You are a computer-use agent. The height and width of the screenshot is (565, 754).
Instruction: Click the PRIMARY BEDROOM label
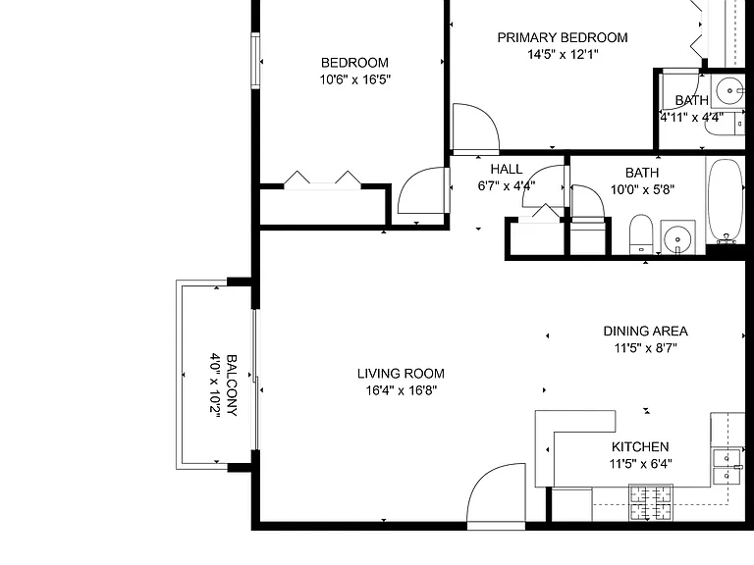[563, 37]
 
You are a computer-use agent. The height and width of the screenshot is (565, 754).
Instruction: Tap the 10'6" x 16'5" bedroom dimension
[354, 79]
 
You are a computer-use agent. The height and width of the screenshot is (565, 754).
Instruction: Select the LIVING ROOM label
[401, 374]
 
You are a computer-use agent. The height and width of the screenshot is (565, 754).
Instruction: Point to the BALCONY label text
[232, 385]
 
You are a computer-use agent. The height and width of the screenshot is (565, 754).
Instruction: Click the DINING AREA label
[645, 331]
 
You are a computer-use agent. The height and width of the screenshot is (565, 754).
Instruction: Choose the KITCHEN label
[640, 447]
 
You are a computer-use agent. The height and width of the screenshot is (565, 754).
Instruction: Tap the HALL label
[507, 169]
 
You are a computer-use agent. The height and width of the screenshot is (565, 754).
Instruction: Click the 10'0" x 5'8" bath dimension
[642, 189]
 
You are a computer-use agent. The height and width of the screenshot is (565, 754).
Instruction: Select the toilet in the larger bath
[641, 234]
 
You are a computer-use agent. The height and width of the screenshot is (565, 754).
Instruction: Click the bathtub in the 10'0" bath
[726, 200]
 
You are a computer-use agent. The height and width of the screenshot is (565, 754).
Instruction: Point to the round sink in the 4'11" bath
[730, 90]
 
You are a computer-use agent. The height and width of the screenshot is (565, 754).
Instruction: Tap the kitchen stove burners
[651, 502]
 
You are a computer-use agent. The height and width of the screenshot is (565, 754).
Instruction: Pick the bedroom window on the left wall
[255, 61]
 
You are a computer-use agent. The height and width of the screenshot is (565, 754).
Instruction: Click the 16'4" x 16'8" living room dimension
[401, 390]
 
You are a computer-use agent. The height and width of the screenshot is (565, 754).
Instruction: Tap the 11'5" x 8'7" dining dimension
[645, 348]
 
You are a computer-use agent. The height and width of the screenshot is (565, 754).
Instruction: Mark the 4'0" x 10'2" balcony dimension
[214, 385]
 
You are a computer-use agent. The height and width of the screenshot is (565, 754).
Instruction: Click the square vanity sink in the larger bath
[677, 237]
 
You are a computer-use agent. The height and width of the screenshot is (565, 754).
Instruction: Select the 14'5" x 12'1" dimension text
[563, 54]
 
